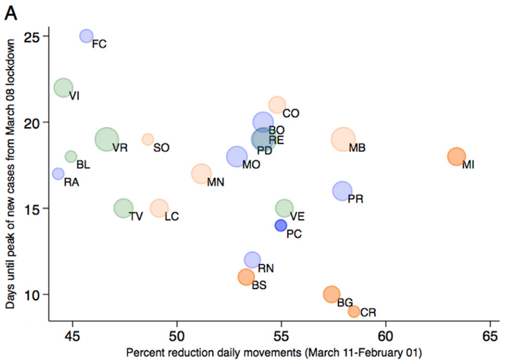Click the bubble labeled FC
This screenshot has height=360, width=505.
(87, 36)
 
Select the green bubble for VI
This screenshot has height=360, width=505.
(64, 88)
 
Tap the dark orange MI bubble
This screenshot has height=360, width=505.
(456, 156)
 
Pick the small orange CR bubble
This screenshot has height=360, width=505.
(354, 312)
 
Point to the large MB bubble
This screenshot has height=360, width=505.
(343, 139)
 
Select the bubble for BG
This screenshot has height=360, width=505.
(331, 294)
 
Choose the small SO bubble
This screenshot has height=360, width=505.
(148, 139)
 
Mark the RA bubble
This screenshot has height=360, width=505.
(58, 174)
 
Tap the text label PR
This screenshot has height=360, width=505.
(356, 199)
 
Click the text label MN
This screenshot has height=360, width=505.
(215, 182)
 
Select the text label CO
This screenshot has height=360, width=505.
(291, 114)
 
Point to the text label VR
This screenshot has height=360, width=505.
(120, 148)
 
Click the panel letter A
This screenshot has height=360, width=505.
(11, 13)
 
